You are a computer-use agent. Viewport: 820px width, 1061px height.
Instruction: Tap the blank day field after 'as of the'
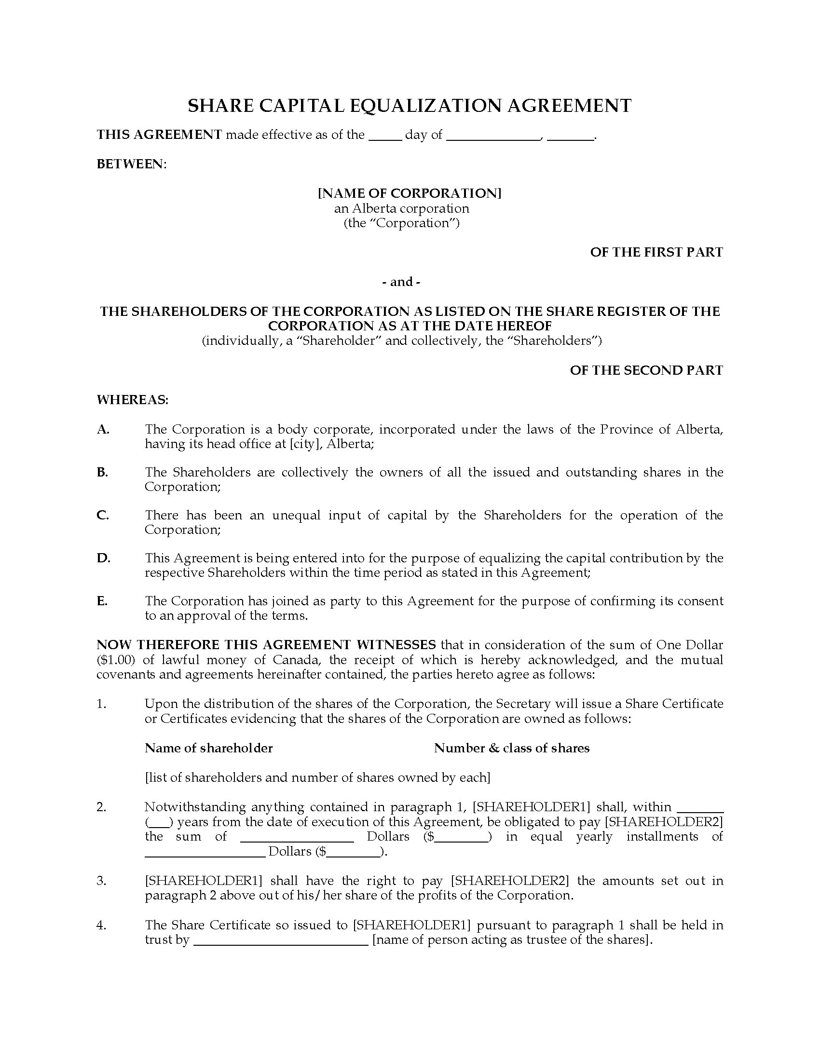pos(385,136)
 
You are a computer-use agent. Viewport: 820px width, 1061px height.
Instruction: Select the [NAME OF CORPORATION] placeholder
pos(410,193)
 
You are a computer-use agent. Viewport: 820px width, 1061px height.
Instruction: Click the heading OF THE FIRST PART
pos(656,252)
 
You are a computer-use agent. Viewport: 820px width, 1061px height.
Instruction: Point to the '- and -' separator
pos(401,282)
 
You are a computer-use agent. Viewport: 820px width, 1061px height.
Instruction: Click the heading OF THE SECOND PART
pos(646,370)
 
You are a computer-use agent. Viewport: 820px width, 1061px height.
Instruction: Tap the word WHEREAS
pos(132,400)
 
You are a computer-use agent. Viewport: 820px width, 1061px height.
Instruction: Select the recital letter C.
pos(102,515)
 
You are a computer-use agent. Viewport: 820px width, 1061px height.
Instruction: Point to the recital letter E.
pos(101,601)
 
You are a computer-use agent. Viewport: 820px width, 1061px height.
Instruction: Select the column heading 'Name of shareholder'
pos(208,748)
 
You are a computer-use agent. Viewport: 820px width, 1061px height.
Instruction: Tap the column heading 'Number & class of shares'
pos(511,748)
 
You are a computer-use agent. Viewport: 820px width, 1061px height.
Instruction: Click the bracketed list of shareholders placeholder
pos(317,778)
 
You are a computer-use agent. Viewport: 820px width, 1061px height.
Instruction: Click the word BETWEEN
pos(131,164)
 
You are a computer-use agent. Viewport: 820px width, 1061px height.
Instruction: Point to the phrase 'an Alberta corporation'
pos(401,208)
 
